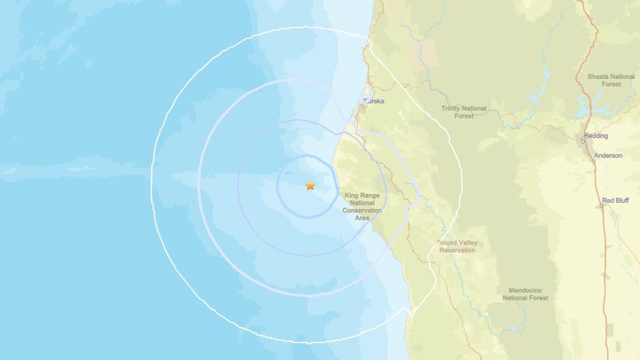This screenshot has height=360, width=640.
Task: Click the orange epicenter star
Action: (310, 185)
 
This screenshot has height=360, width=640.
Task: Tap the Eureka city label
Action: (374, 101)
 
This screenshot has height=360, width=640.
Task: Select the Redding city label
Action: (596, 136)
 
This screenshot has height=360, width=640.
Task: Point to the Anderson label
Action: (608, 156)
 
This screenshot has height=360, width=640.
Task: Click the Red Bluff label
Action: (615, 200)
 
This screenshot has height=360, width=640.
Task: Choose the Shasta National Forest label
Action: (611, 80)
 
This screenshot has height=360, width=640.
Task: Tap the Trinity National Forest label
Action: (464, 112)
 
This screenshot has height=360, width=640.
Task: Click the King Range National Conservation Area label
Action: (362, 207)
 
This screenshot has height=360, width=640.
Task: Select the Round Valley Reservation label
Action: (457, 247)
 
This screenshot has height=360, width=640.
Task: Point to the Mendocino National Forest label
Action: (525, 294)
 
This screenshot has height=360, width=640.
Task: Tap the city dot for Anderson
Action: (593, 161)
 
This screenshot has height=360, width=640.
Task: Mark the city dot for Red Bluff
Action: (601, 206)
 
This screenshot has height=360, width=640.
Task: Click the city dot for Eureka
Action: (364, 106)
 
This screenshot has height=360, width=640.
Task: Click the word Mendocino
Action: (525, 290)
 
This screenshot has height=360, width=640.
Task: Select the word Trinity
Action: (451, 108)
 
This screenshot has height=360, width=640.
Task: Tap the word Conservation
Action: (362, 211)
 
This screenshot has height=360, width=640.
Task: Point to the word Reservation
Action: (457, 250)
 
